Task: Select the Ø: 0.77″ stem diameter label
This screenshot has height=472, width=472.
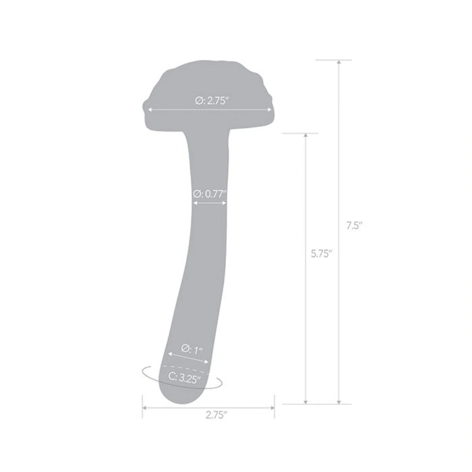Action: (x=210, y=193)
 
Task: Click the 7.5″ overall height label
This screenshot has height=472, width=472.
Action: (x=353, y=226)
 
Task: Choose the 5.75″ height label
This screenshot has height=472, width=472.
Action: (x=321, y=253)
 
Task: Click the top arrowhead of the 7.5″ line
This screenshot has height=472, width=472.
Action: (x=338, y=63)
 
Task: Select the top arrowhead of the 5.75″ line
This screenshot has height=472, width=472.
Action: (x=306, y=136)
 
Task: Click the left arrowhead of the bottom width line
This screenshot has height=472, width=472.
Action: (x=144, y=407)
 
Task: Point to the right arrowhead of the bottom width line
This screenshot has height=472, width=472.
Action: (x=272, y=407)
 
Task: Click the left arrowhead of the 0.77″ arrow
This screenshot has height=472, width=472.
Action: (x=195, y=203)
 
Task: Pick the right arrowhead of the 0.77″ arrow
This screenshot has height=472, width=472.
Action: (x=225, y=203)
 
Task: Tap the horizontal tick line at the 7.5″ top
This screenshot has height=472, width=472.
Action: (x=333, y=60)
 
